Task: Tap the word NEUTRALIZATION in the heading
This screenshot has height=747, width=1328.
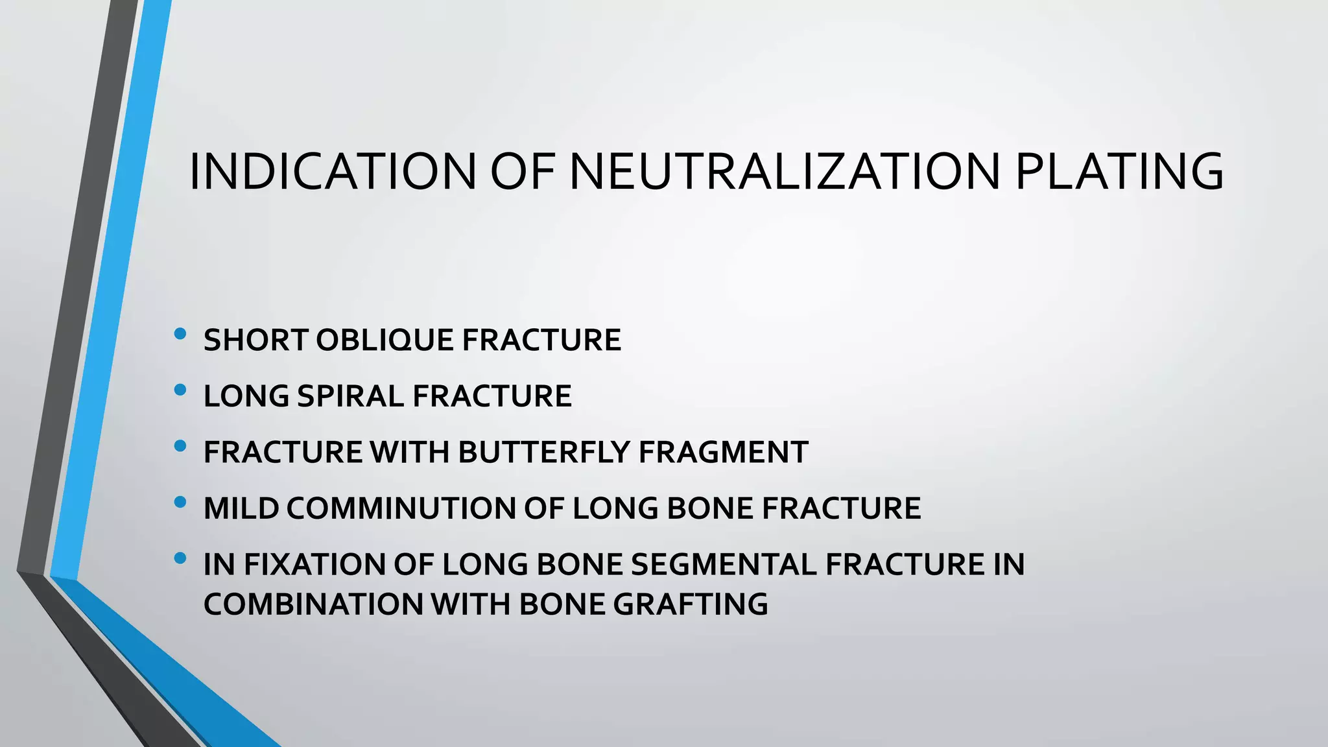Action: pos(785,172)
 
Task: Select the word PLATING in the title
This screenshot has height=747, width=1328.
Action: pos(1119,172)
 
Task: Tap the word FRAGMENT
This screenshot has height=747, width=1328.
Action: pos(723,453)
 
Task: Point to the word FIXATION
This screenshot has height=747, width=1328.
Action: pos(314,564)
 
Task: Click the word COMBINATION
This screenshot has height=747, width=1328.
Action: pos(313,604)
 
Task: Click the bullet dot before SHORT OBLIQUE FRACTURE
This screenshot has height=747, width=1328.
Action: pos(180,335)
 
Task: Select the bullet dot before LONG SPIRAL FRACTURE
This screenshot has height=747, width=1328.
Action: pos(180,390)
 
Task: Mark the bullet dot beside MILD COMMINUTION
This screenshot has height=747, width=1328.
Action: pos(180,502)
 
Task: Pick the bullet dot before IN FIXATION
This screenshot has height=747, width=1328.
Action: pos(180,558)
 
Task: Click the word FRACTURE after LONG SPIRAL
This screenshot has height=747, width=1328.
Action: pos(492,396)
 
